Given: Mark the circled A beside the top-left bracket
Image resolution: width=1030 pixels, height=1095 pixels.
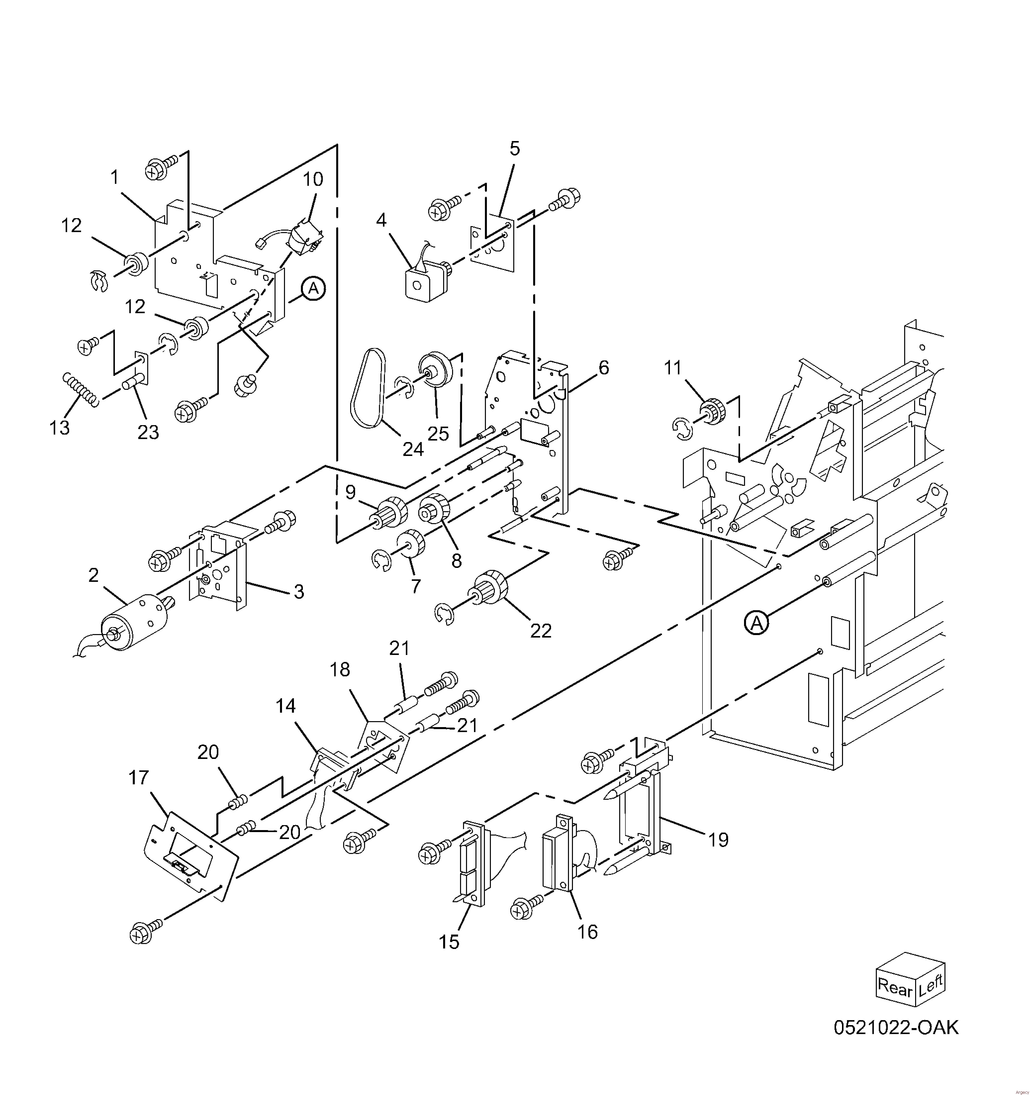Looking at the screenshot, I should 313,289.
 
